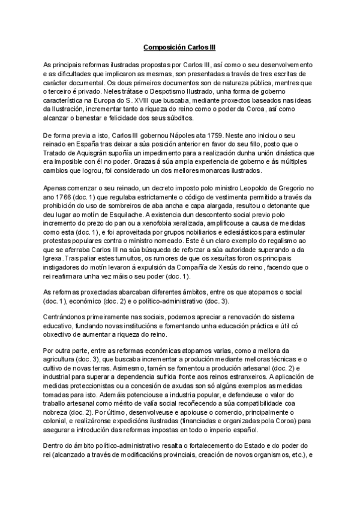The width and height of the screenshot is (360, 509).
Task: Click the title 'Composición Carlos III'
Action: point(180,46)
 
